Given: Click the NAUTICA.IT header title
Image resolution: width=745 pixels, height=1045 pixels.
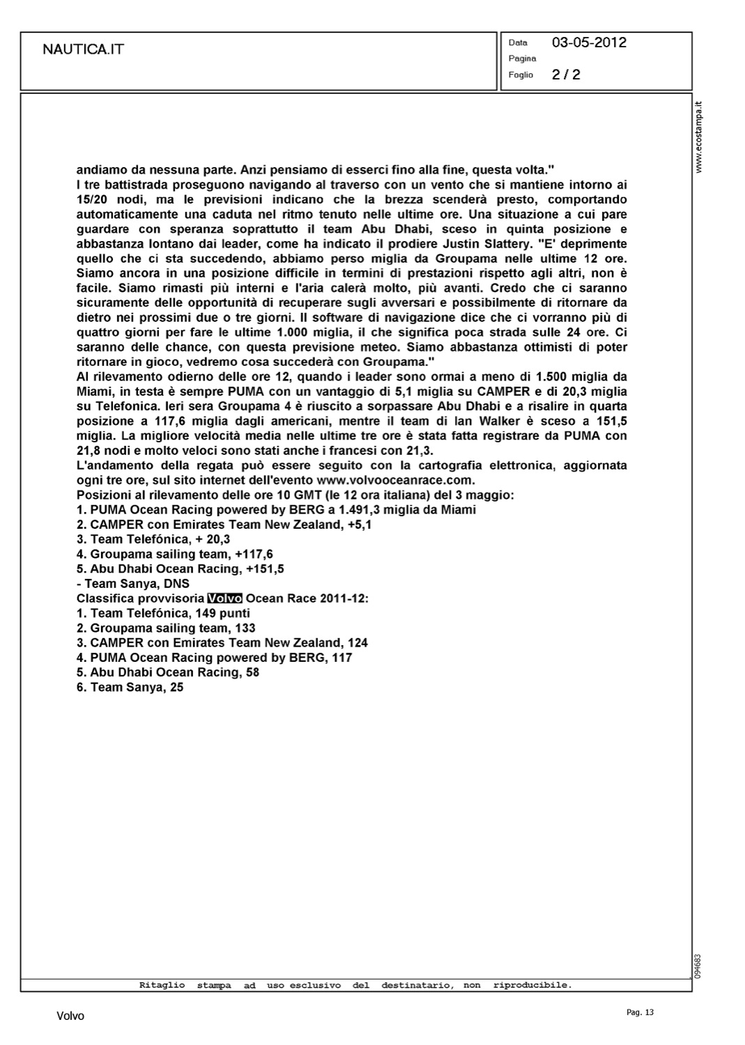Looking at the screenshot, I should (84, 49).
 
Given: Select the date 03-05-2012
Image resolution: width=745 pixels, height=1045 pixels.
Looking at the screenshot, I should (589, 42).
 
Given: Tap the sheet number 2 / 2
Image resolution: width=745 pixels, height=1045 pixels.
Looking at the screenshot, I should (566, 75).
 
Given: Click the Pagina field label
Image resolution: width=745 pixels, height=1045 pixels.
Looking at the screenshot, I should (522, 59).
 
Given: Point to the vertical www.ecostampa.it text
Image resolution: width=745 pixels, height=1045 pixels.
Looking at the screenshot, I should (700, 137).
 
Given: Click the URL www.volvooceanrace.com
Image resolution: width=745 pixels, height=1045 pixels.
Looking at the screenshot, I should (395, 481).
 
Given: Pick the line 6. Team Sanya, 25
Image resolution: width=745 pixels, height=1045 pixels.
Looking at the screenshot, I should (130, 687).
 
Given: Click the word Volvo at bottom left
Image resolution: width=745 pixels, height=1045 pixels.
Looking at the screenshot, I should (70, 1016).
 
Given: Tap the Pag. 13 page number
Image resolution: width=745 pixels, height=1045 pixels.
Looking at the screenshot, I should (640, 1013).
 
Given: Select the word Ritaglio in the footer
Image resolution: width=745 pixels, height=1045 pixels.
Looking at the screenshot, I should (162, 986).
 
